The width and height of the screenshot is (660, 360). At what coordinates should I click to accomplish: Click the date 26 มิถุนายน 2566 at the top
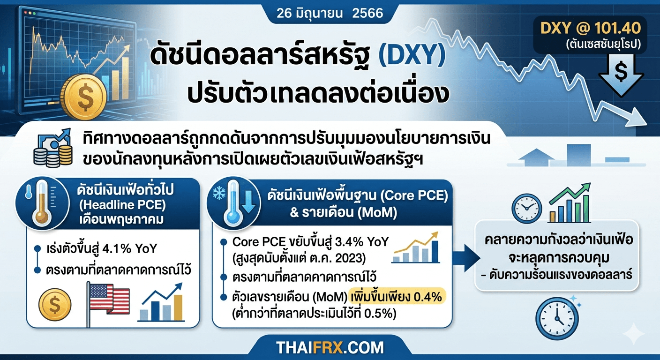[x=330, y=13]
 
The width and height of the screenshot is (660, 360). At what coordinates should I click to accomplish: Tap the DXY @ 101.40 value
[x=591, y=28]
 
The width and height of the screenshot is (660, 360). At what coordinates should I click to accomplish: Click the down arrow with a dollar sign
[x=621, y=75]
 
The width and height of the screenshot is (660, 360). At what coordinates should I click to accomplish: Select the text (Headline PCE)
[x=122, y=205]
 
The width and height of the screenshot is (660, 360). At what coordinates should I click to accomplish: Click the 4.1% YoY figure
[x=130, y=248]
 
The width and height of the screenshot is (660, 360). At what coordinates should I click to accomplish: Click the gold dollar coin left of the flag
[x=55, y=305]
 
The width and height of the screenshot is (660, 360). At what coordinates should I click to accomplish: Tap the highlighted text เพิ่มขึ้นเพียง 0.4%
[x=397, y=296]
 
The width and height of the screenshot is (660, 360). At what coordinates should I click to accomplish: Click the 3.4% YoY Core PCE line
[x=311, y=242]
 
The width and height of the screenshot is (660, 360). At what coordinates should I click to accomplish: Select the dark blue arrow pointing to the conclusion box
[x=466, y=258]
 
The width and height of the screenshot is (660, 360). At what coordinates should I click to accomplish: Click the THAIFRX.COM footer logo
[x=330, y=348]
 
